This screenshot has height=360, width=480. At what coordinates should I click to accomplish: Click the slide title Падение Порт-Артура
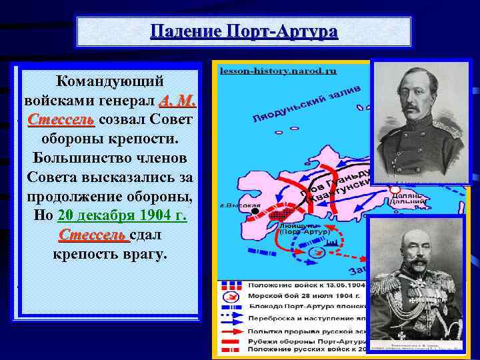point(244,31)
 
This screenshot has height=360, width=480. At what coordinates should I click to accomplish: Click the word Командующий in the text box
point(110,82)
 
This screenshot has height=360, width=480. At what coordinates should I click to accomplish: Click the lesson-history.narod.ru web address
point(278,70)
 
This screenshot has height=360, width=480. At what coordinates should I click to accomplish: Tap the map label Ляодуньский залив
point(307,105)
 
